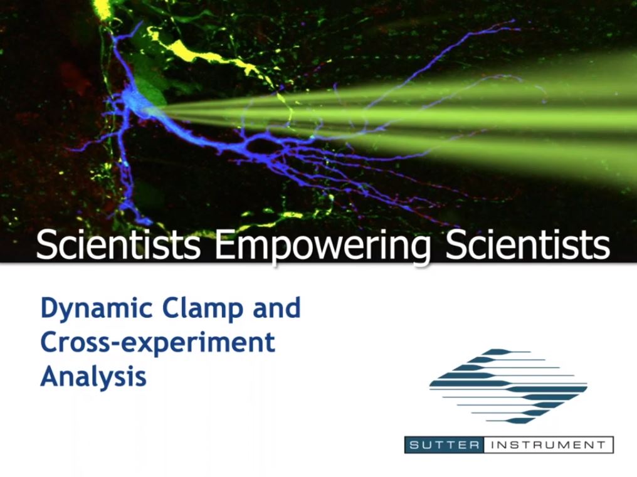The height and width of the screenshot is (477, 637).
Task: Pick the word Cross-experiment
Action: pyautogui.click(x=157, y=342)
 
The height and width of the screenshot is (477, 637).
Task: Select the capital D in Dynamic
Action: pyautogui.click(x=49, y=308)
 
